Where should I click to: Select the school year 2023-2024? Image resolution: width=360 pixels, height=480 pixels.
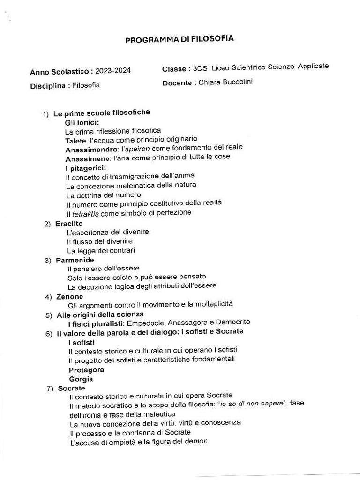click(x=113, y=71)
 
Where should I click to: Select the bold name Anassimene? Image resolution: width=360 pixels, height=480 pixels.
click(x=89, y=158)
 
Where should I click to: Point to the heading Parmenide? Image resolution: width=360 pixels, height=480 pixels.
click(x=75, y=260)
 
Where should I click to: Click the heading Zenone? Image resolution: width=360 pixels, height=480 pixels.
click(x=70, y=296)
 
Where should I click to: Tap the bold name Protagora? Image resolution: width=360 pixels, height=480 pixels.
click(x=86, y=369)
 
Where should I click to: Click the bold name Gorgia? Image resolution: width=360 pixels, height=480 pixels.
click(x=81, y=379)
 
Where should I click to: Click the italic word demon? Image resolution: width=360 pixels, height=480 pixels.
click(x=197, y=441)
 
